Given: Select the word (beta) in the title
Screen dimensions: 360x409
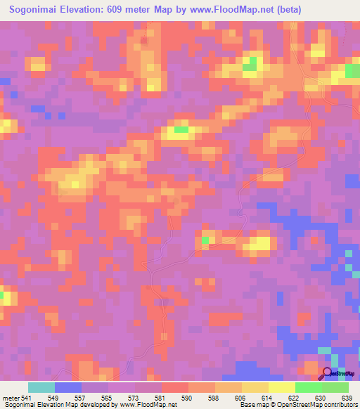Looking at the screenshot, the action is [334, 10].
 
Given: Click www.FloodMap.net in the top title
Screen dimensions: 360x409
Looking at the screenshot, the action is [271, 10].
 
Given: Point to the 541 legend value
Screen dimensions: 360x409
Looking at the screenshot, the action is [24, 398].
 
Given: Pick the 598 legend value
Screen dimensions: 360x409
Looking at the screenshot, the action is [215, 398].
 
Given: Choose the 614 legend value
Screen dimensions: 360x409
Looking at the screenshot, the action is [269, 398].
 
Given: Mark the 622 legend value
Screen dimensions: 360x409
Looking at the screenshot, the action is [295, 398].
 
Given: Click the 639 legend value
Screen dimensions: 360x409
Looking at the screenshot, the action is [347, 398].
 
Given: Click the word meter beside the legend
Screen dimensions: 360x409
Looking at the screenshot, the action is [8, 398].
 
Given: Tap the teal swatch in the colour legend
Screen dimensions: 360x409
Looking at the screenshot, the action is [41, 387].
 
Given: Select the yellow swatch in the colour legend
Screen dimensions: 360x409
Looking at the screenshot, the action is [281, 387].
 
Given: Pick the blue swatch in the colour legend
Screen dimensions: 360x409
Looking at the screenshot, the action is [68, 387].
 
